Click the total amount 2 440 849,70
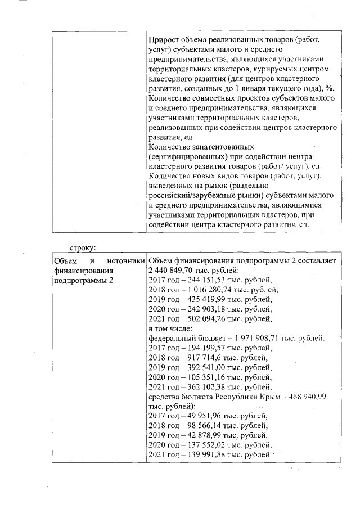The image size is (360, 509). tap(171, 270)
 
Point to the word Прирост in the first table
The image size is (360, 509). tap(164, 40)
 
